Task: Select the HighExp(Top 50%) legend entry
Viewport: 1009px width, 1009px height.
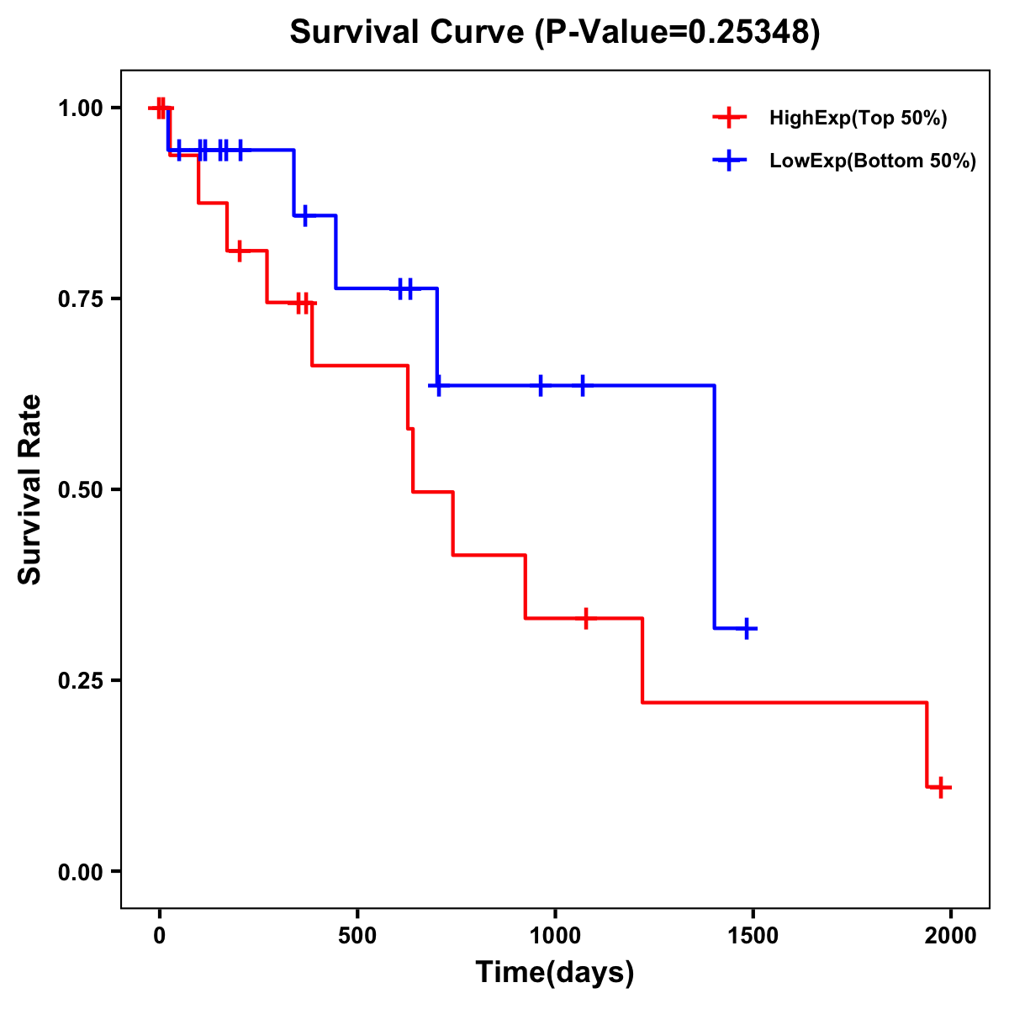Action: pyautogui.click(x=858, y=119)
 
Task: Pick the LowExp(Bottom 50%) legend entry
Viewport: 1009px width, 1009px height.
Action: pyautogui.click(x=872, y=161)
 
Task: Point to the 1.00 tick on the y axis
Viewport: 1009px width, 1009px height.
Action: pyautogui.click(x=80, y=108)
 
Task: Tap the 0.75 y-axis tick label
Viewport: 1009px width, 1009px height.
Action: pyautogui.click(x=80, y=299)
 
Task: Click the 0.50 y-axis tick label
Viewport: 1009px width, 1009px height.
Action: pyautogui.click(x=80, y=490)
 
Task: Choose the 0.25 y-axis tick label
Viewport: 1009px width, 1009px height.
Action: pyautogui.click(x=80, y=681)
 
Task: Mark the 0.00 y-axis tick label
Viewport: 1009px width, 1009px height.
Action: pyautogui.click(x=80, y=872)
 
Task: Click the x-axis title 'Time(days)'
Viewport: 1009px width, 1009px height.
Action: pyautogui.click(x=555, y=973)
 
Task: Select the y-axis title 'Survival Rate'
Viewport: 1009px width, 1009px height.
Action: pyautogui.click(x=31, y=489)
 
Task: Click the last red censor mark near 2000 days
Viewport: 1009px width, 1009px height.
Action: pyautogui.click(x=941, y=787)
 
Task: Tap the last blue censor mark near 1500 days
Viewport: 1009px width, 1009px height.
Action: pyautogui.click(x=746, y=628)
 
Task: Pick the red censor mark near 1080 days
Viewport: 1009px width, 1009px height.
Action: pyautogui.click(x=586, y=618)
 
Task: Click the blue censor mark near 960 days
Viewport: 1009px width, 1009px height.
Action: pyautogui.click(x=540, y=385)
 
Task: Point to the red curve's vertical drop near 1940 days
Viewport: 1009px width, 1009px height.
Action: pyautogui.click(x=927, y=744)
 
